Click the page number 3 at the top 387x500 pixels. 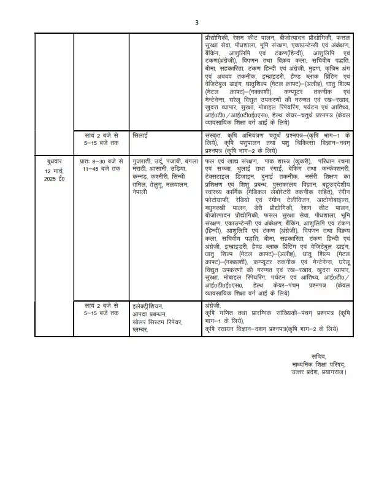point(196,23)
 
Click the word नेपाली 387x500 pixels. point(143,192)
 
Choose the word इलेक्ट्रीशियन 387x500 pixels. point(150,305)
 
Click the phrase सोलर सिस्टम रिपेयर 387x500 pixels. point(158,322)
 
